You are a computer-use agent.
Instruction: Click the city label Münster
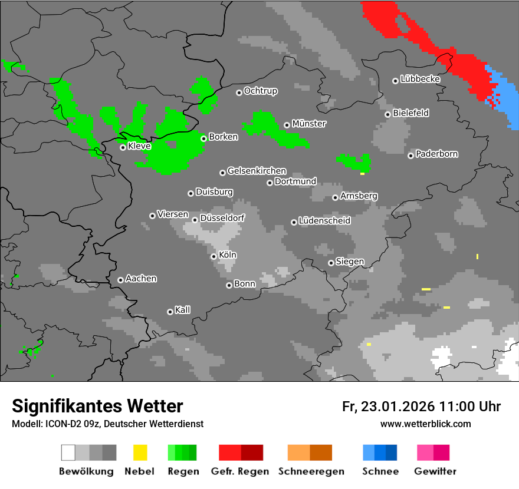(309, 124)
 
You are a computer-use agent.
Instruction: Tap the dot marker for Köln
(213, 256)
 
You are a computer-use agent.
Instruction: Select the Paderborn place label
(437, 154)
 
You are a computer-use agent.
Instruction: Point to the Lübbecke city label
(421, 79)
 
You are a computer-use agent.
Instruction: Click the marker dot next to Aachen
(120, 280)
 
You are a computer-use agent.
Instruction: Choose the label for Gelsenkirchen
(257, 171)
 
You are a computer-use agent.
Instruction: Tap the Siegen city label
(350, 261)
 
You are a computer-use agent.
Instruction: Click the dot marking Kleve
(123, 147)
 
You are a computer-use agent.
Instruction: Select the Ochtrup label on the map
(261, 91)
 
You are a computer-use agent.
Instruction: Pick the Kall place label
(183, 310)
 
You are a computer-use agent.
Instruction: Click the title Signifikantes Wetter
(97, 406)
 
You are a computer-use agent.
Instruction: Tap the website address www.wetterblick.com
(425, 424)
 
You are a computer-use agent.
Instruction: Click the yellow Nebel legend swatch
(140, 452)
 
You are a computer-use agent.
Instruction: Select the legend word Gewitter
(435, 471)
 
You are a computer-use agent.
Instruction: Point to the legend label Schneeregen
(310, 471)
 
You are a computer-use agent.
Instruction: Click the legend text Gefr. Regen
(240, 471)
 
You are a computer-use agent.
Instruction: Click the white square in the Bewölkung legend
(68, 452)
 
